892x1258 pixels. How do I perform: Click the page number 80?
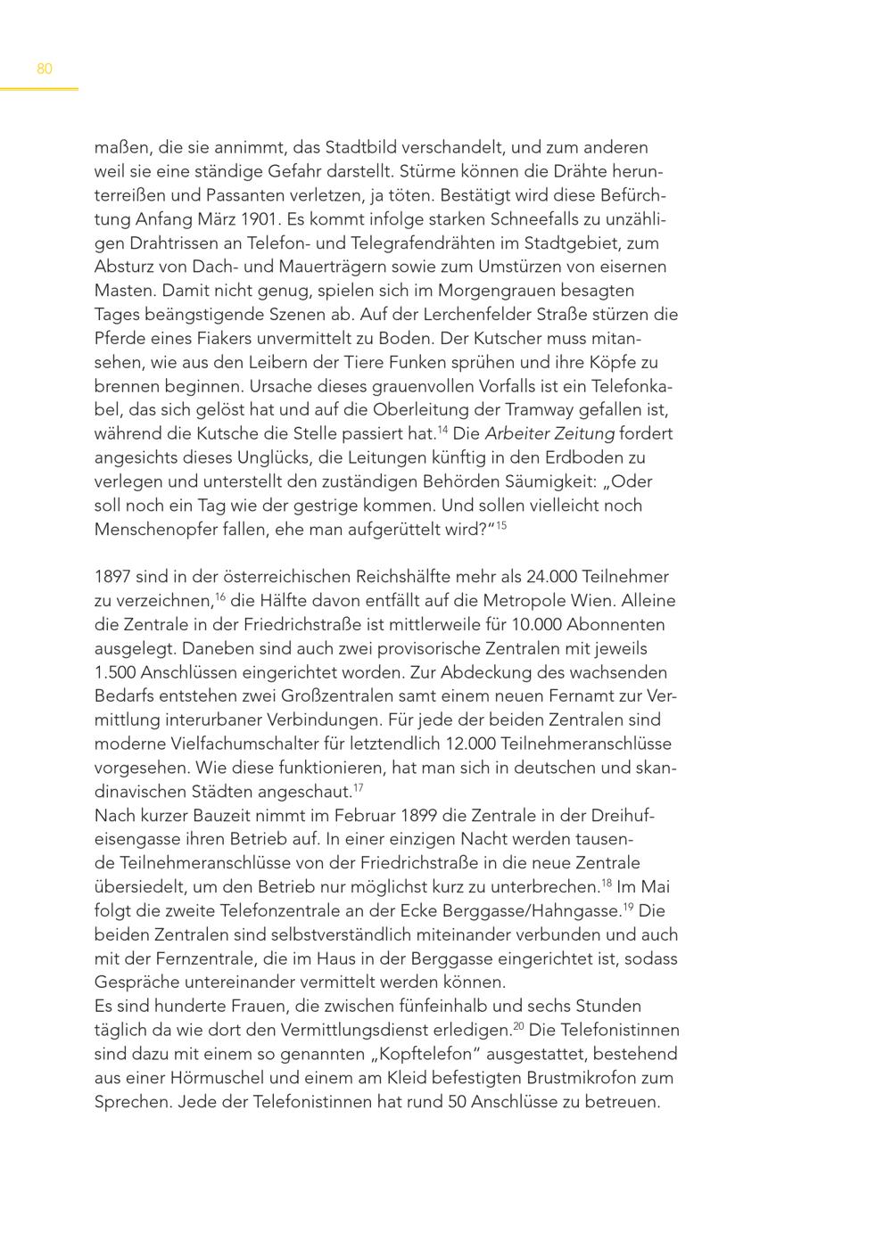(x=45, y=69)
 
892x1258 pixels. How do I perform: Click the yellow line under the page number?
(x=39, y=88)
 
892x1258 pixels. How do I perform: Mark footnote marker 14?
(x=442, y=430)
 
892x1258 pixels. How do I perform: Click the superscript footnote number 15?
(x=501, y=525)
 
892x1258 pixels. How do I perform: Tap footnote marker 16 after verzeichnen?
(x=220, y=596)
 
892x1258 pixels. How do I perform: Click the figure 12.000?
(x=528, y=744)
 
